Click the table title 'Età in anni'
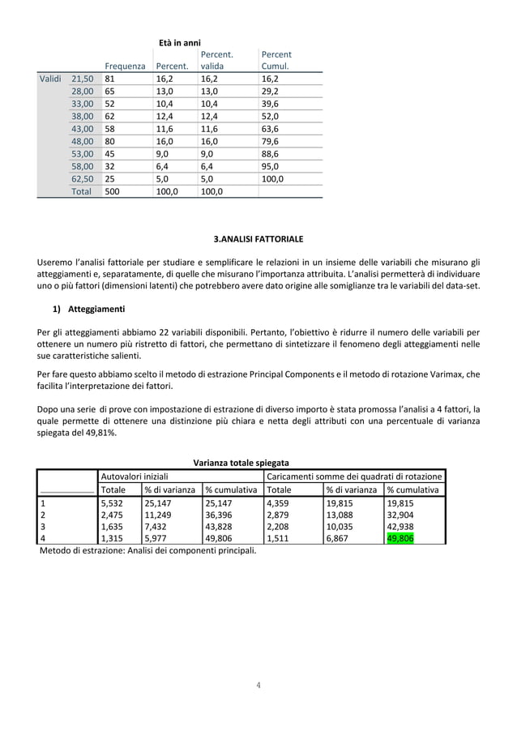point(179,43)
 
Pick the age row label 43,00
point(83,129)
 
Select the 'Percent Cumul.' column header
point(276,60)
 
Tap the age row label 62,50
point(83,178)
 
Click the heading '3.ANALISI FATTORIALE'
point(258,240)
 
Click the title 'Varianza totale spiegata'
point(241,463)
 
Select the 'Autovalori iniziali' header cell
point(134,477)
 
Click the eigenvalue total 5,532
point(112,502)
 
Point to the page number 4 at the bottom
point(258,684)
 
